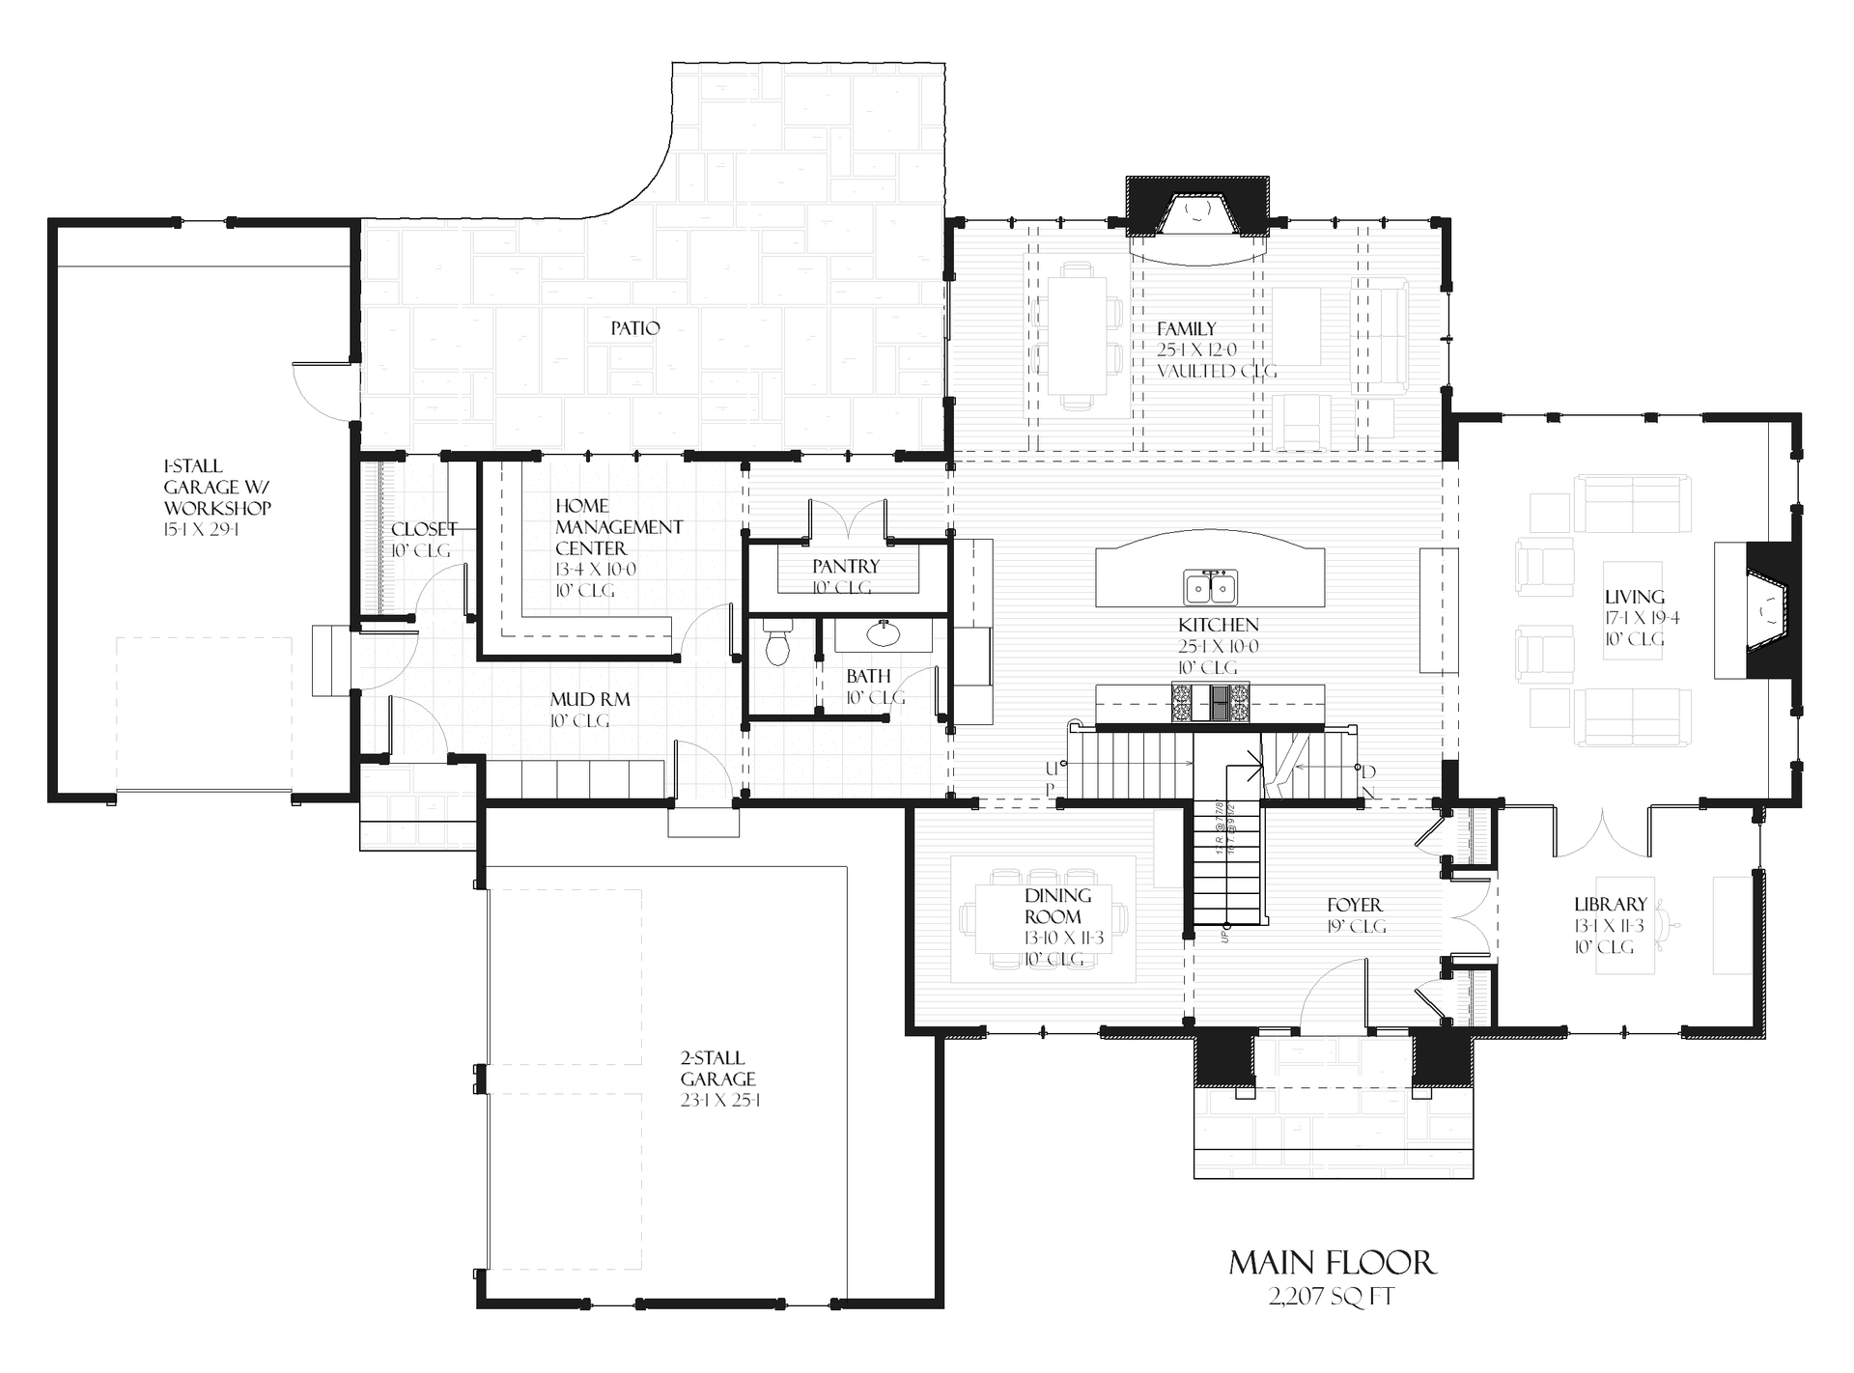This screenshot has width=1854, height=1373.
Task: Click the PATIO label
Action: pyautogui.click(x=635, y=328)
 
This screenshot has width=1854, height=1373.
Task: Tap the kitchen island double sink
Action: pyautogui.click(x=1210, y=587)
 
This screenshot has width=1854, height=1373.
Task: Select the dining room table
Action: pyautogui.click(x=1045, y=918)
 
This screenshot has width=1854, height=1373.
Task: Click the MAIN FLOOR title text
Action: pyautogui.click(x=1332, y=1262)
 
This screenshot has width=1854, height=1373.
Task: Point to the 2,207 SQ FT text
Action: pyautogui.click(x=1332, y=1296)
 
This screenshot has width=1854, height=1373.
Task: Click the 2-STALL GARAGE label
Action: pyautogui.click(x=717, y=1069)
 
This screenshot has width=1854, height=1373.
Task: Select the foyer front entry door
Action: pyautogui.click(x=1333, y=995)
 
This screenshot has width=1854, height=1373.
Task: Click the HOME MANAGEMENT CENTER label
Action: pyautogui.click(x=618, y=527)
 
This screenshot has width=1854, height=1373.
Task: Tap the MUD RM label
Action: pyautogui.click(x=589, y=699)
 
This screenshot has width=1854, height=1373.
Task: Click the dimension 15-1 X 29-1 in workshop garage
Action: pyautogui.click(x=202, y=530)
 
